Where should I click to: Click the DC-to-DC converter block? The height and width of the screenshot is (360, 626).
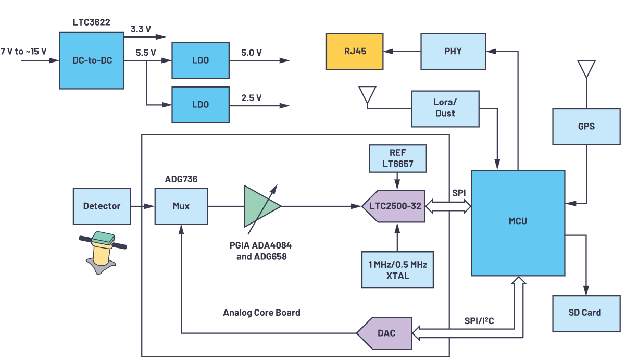point(92,60)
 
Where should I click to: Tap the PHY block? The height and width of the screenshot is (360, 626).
point(453,51)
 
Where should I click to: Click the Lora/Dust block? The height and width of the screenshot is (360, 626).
point(445,108)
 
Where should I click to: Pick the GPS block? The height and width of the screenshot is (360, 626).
point(586,126)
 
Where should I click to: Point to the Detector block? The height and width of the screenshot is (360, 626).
point(102,206)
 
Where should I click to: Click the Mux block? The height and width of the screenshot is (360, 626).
point(181,206)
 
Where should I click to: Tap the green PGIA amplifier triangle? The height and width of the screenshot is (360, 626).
point(261,206)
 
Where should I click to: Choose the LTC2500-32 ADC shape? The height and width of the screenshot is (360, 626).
point(394,206)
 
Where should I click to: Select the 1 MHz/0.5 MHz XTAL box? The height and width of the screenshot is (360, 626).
point(397,269)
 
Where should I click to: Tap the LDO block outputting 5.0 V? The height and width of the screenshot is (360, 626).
point(200,60)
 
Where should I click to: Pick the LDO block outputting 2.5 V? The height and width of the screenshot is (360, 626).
point(200,104)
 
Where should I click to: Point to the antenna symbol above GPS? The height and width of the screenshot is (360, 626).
point(586,69)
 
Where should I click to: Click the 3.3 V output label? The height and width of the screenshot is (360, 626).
point(141,29)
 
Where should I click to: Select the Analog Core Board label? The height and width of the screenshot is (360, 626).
point(261,313)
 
